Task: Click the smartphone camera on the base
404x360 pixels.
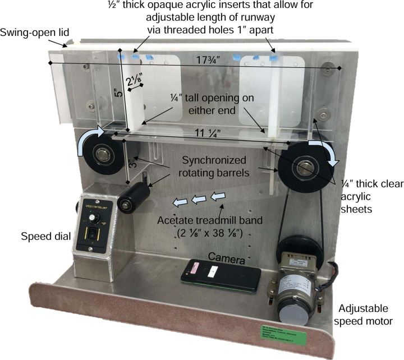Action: (x=221, y=273)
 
